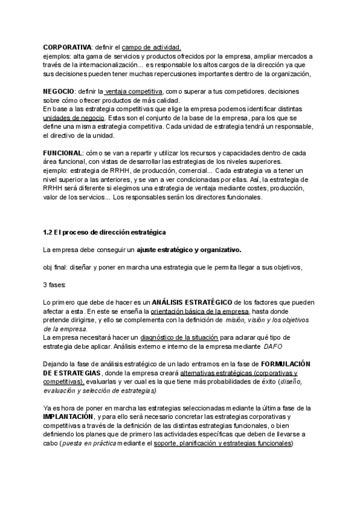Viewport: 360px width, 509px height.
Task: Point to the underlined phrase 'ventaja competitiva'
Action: (134, 91)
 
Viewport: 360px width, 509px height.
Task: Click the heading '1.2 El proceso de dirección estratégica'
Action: (105, 232)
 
